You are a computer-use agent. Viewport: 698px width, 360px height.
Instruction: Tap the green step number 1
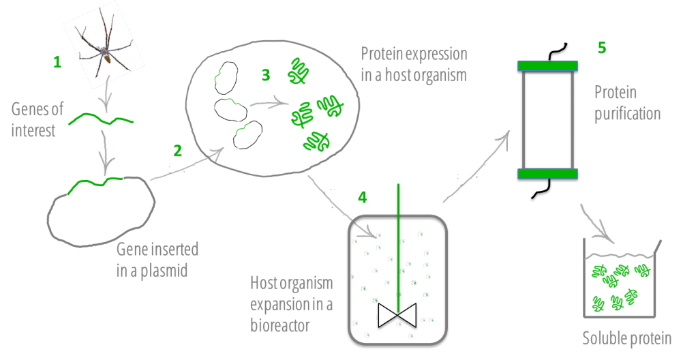coord(57,62)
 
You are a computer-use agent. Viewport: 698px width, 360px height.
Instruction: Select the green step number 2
coord(178,151)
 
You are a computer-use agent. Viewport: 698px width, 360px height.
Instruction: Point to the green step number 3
coord(266,75)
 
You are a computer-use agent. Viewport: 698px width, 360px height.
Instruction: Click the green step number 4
coord(363,197)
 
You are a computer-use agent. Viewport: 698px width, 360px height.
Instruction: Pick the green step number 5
coord(602,48)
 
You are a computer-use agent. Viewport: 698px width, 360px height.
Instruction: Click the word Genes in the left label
coord(37,109)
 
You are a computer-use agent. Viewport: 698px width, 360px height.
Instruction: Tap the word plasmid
coord(164,271)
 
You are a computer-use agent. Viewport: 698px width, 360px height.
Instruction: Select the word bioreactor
coord(280,325)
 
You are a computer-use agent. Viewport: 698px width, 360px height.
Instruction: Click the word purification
coord(627,114)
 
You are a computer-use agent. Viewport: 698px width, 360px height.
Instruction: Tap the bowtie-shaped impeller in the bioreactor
coord(397,316)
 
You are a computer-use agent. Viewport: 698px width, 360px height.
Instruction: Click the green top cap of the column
coord(547,66)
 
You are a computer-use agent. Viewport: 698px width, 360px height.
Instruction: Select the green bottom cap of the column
coord(547,174)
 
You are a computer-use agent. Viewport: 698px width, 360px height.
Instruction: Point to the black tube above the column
coord(556,52)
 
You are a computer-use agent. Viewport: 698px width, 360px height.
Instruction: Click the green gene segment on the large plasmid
coord(94,183)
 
